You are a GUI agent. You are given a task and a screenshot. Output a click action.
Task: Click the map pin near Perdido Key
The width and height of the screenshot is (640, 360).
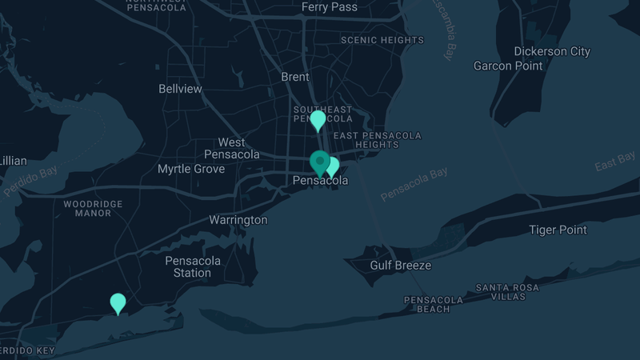pos(118,303)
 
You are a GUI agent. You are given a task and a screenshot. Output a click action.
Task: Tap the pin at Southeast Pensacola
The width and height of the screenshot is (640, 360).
pos(318,120)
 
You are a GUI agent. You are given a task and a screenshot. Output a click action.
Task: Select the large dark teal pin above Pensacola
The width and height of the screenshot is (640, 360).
pos(320,162)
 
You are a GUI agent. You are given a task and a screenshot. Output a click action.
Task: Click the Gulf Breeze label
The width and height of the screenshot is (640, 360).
pos(400,266)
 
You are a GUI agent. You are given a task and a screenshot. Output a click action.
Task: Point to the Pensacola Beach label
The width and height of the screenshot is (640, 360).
pos(433,304)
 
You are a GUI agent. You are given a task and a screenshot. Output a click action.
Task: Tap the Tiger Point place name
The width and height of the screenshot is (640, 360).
pos(558,230)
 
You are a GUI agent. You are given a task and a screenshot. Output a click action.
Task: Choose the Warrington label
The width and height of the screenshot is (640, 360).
pos(238,220)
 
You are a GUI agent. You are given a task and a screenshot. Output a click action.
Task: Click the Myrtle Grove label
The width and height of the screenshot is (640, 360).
pos(191,170)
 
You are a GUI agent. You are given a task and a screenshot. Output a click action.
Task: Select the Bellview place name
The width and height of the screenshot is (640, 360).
pos(181,89)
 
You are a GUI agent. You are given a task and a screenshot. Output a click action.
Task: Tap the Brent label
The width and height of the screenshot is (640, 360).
pos(295,78)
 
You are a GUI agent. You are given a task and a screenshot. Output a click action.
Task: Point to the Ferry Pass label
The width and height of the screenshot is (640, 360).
pos(329,7)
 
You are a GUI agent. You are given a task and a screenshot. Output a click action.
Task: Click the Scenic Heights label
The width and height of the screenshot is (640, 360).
pos(382,40)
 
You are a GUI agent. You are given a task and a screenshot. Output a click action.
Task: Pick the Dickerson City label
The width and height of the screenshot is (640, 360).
pos(552,52)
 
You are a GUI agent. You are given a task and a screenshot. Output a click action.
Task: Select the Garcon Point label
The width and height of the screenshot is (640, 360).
pos(508,66)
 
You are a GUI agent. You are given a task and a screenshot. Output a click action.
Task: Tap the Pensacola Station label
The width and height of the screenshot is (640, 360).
pos(188,267)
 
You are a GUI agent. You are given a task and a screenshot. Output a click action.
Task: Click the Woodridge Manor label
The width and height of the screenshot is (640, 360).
pos(93,209)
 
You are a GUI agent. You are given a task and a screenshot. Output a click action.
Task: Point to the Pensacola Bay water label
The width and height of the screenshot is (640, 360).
pos(414,185)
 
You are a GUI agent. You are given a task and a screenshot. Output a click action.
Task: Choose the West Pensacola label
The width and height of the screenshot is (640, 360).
pos(232,148)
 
